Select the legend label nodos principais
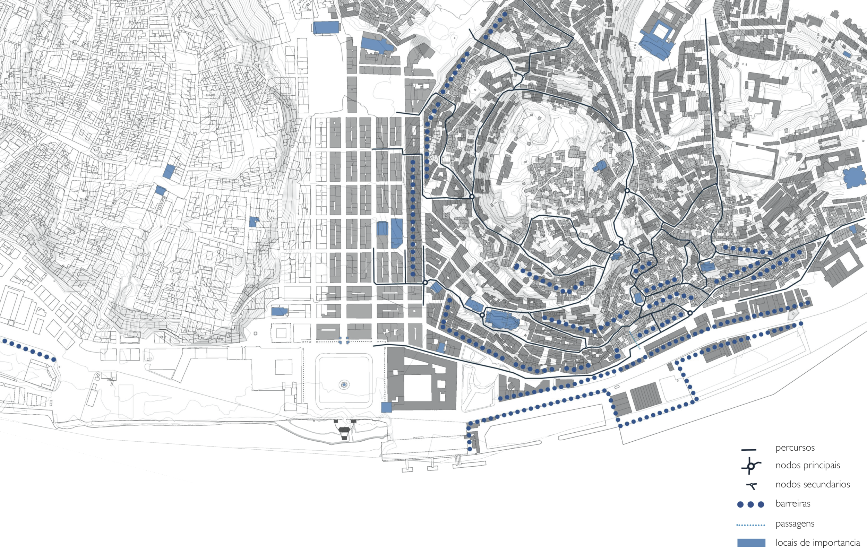808,465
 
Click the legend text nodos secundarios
813,484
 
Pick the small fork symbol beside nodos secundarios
752,486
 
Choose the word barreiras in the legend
793,503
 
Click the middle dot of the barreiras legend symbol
751,504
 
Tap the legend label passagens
795,523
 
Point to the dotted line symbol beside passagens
751,525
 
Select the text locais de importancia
817,543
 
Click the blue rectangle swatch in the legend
751,543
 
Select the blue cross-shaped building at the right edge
855,178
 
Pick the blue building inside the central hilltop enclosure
600,166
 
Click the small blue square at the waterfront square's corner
386,407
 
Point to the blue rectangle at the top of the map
326,28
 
